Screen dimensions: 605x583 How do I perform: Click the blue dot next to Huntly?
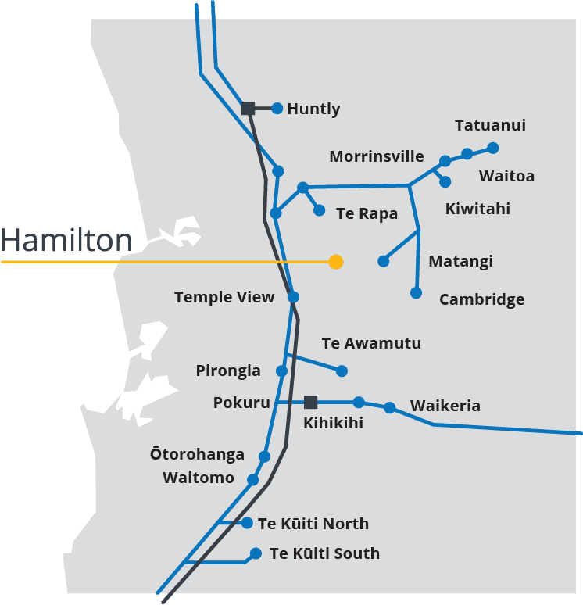277,109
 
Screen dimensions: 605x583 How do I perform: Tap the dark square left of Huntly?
249,109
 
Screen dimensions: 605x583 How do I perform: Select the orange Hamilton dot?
336,262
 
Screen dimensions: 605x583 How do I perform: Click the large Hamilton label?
66,241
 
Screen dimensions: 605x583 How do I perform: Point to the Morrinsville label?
377,156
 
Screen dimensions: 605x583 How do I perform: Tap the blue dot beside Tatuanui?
492,147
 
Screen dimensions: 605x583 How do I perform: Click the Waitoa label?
506,176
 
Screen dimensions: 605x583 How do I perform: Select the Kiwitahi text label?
477,209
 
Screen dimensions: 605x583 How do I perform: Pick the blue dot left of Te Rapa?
319,210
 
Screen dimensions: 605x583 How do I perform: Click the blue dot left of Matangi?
383,261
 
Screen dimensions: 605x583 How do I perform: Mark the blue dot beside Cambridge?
416,293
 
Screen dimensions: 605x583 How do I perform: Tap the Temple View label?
224,297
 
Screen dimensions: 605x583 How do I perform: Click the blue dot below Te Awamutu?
342,371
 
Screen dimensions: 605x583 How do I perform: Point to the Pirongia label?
228,371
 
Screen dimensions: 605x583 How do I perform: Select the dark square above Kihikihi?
310,403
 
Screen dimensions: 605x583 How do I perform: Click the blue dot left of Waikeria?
389,407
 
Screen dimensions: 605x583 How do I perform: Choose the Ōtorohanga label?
198,454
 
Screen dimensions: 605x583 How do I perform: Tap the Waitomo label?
199,478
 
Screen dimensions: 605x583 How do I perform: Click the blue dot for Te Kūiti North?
247,523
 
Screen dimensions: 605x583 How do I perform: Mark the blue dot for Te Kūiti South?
256,553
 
